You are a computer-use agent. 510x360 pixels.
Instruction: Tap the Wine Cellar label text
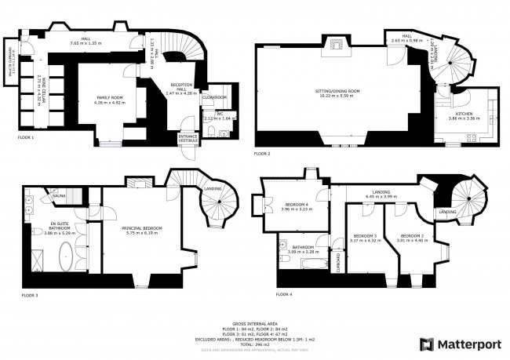pos(41,90)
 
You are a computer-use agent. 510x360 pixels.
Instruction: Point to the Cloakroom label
pos(213,96)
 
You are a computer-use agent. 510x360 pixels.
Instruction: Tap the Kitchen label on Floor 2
pos(463,115)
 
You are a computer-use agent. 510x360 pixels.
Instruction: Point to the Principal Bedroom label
pos(140,228)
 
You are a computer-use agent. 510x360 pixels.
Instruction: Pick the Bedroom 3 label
pos(366,238)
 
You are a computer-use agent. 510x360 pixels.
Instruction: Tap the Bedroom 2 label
pos(412,238)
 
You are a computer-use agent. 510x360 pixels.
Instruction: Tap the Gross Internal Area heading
pos(254,323)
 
